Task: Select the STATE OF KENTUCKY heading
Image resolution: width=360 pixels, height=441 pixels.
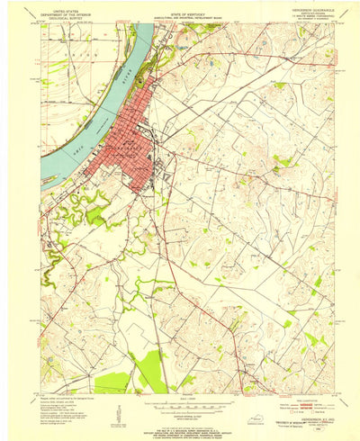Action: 180,5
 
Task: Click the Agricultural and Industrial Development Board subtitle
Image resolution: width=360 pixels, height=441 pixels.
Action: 180,10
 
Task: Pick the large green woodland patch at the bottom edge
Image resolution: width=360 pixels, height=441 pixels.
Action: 148,372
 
